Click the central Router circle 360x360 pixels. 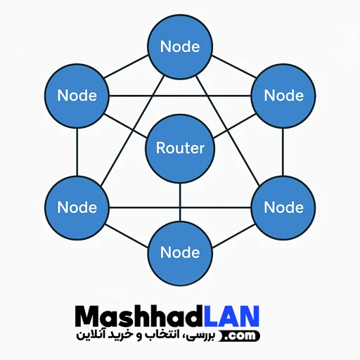(x=180, y=148)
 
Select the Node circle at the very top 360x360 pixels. (x=180, y=46)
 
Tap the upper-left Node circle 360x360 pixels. (x=77, y=96)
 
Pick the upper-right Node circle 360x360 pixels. (x=283, y=96)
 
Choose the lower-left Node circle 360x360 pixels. (x=77, y=207)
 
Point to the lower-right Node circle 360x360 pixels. (x=283, y=207)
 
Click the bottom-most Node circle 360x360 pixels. (x=180, y=253)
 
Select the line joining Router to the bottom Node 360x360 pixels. (x=180, y=202)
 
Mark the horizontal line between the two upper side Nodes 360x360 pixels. (x=180, y=96)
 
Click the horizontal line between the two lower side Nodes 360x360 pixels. (x=180, y=207)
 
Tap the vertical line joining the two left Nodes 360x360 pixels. (x=77, y=152)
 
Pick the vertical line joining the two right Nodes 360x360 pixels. (x=283, y=152)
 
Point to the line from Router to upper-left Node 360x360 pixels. (x=126, y=126)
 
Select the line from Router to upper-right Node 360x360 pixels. (x=234, y=126)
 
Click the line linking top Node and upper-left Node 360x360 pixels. (x=126, y=67)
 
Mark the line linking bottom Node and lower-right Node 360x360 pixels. (x=233, y=236)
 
